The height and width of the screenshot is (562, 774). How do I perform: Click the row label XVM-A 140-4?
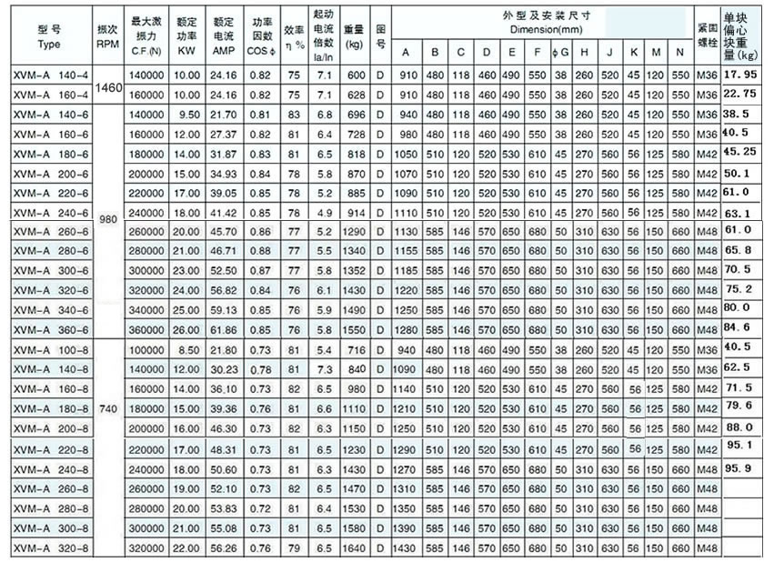point(50,74)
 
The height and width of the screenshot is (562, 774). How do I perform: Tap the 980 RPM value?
point(108,218)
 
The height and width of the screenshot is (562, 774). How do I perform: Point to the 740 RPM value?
point(108,412)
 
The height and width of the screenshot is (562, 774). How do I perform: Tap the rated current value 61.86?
point(224,329)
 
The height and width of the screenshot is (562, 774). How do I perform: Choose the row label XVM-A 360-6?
point(50,329)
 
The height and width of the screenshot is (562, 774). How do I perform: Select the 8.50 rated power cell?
point(186,349)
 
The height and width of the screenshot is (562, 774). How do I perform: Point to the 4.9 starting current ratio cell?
point(321,211)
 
